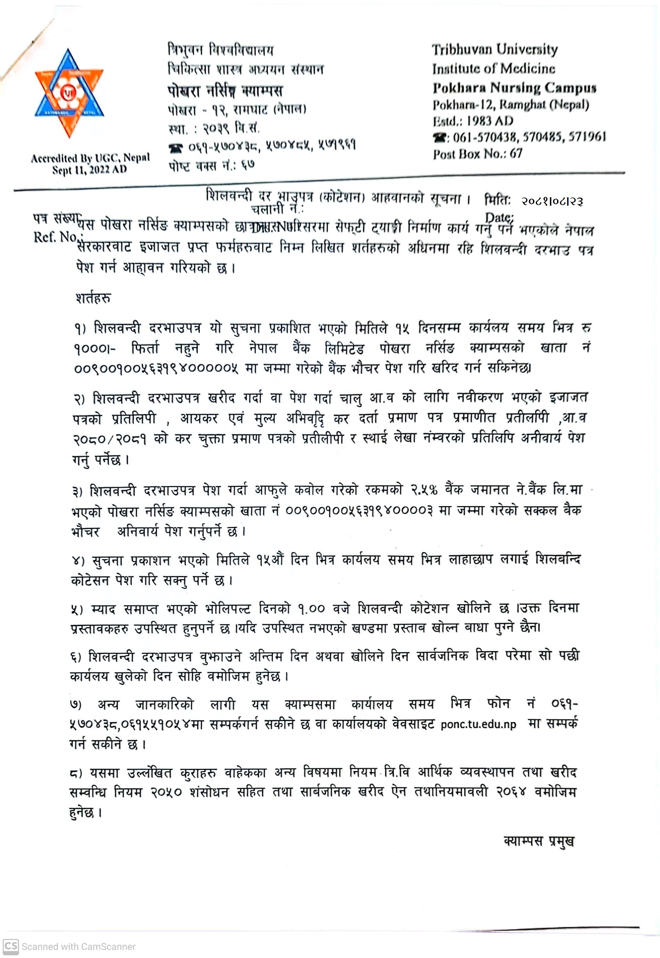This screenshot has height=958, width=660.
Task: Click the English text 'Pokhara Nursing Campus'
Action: coord(515,88)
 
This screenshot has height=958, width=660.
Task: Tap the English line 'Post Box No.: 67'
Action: coord(478,154)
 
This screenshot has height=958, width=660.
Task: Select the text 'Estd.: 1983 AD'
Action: coord(473,121)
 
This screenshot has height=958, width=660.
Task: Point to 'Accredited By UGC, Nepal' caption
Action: coord(90,158)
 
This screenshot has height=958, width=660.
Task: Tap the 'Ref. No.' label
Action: coord(56,237)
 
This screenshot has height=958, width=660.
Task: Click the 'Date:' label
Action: coord(499,218)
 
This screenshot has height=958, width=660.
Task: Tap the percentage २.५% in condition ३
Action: coord(424,490)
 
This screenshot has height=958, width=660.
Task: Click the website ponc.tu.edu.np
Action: coord(478,725)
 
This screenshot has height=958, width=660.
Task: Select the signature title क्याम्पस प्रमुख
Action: coord(539,841)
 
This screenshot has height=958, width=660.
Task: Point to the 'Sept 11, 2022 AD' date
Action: coord(89,170)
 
